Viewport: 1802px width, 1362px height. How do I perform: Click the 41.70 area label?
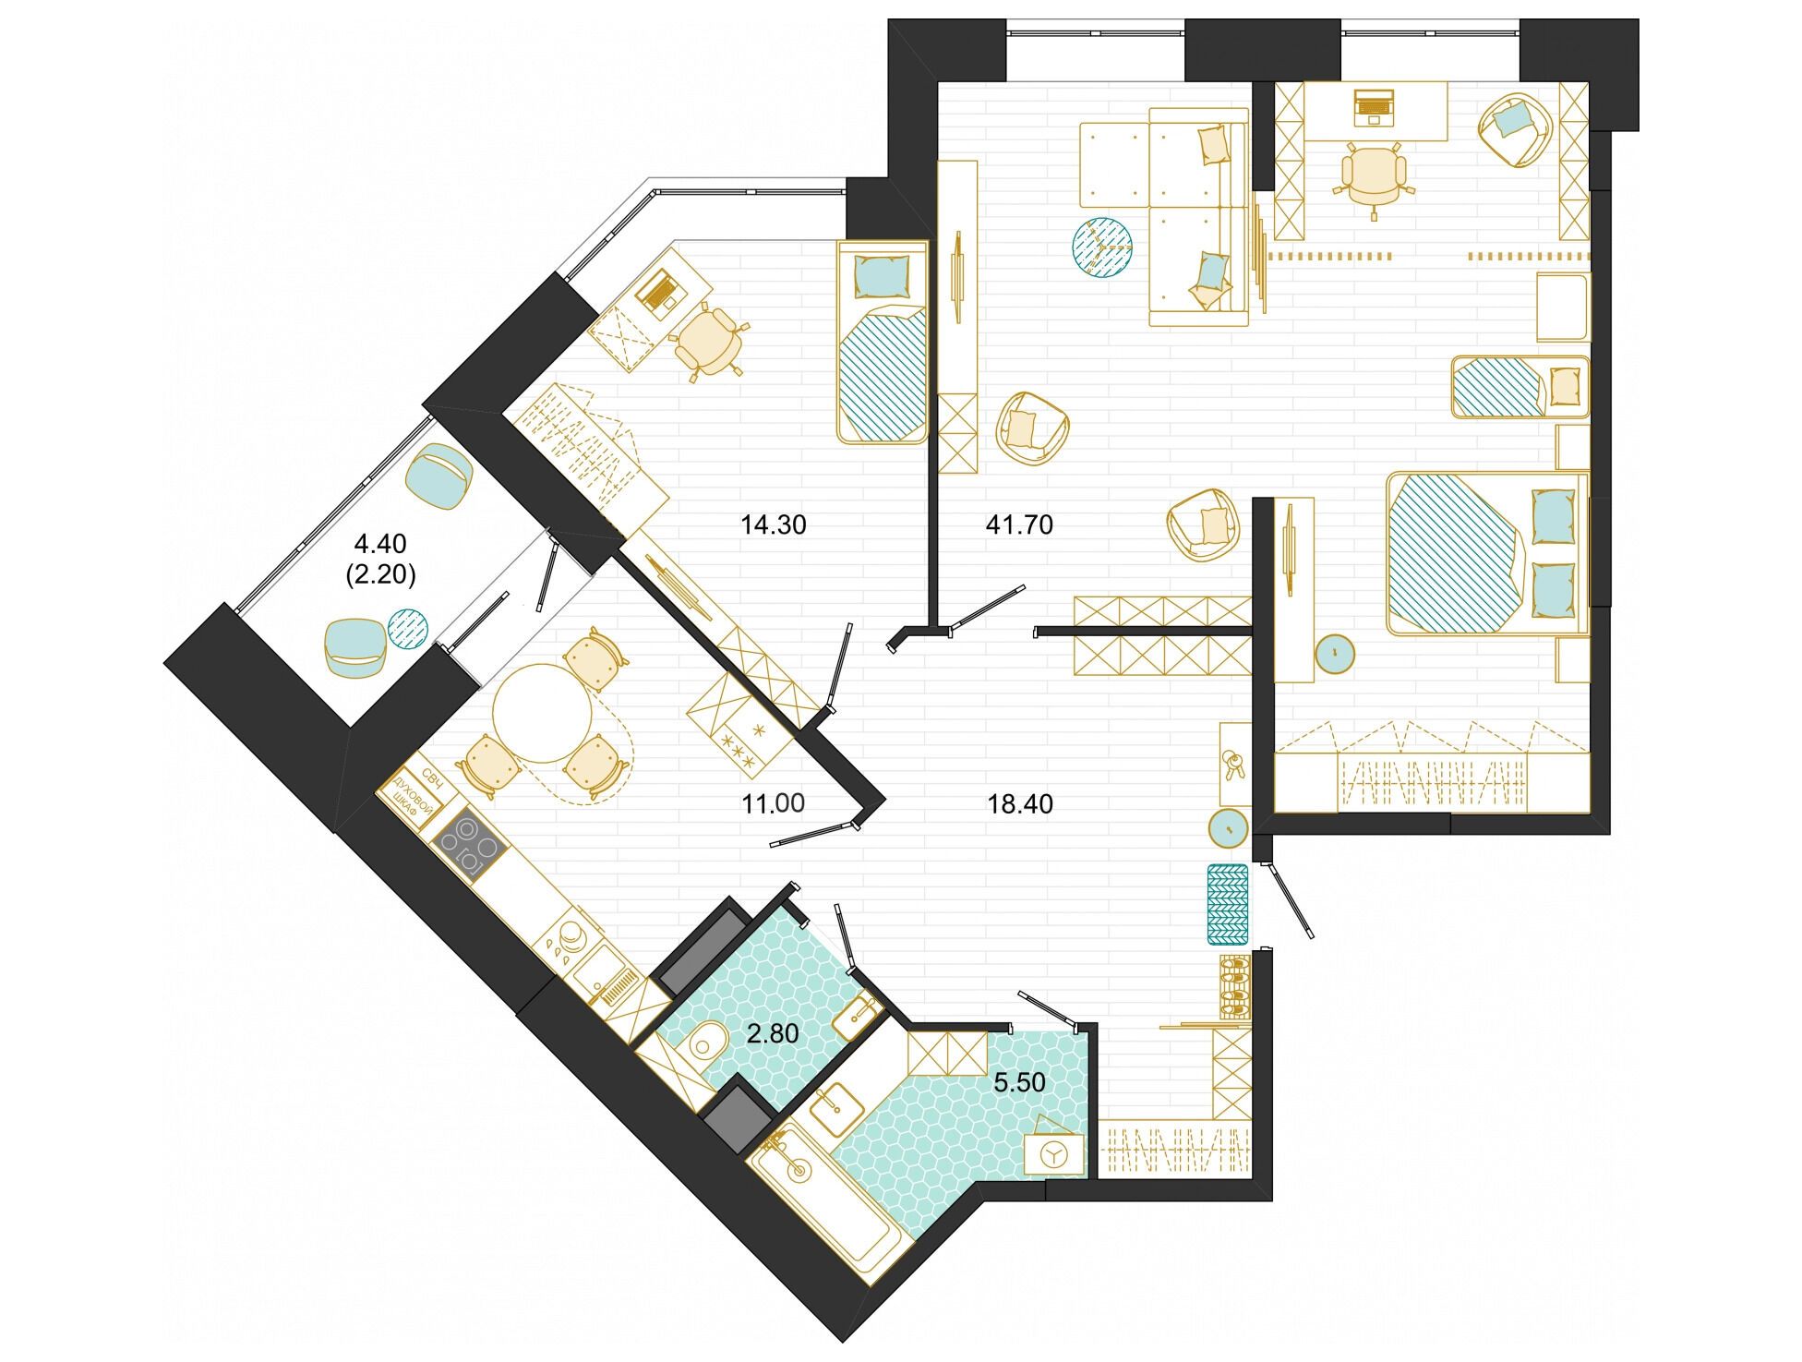pyautogui.click(x=1019, y=524)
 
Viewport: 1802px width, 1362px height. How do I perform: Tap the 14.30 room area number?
pyautogui.click(x=774, y=524)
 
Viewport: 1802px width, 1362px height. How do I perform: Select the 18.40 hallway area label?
pyautogui.click(x=1020, y=804)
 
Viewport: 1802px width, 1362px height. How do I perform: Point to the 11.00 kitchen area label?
pyautogui.click(x=774, y=803)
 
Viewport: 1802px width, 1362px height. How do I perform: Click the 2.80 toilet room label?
pyautogui.click(x=773, y=1033)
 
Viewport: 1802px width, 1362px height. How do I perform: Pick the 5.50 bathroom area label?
pyautogui.click(x=1019, y=1082)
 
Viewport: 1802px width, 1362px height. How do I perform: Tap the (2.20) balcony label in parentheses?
pyautogui.click(x=381, y=575)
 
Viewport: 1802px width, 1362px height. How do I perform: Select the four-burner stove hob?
pyautogui.click(x=468, y=846)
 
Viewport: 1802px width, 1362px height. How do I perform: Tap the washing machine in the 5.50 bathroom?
pyautogui.click(x=1054, y=1148)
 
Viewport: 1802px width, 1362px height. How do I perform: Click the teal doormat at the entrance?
pyautogui.click(x=1228, y=904)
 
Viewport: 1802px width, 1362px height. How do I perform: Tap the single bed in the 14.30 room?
pyautogui.click(x=882, y=342)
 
